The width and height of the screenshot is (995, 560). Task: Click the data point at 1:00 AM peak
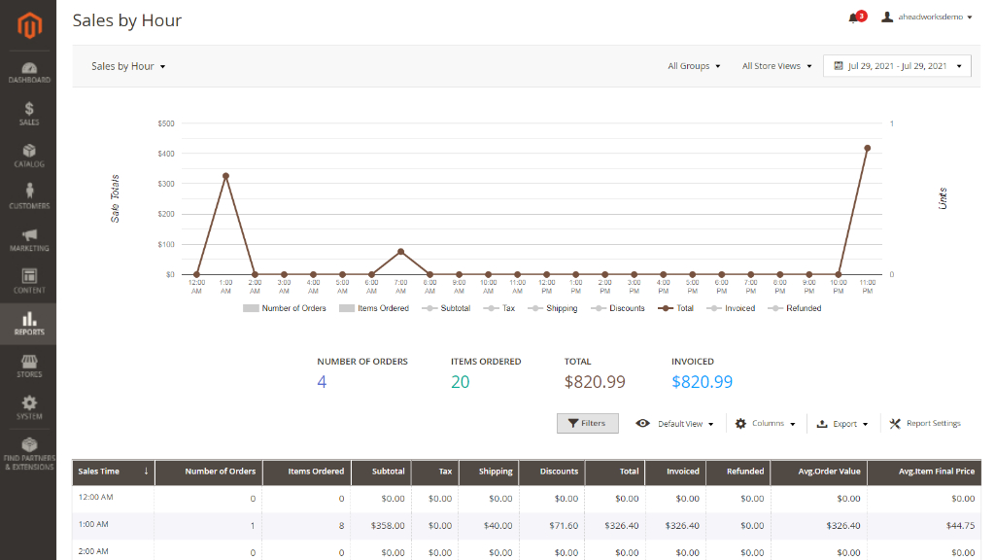click(x=225, y=176)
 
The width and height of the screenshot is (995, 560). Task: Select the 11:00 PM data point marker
click(x=868, y=148)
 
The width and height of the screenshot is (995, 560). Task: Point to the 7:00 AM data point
click(x=400, y=252)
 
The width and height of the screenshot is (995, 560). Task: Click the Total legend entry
click(x=676, y=308)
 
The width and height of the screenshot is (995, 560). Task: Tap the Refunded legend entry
click(x=795, y=308)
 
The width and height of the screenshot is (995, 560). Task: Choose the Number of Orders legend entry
click(x=285, y=308)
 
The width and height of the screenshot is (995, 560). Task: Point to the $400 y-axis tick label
click(x=166, y=154)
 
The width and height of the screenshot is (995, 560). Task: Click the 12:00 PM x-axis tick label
click(x=546, y=287)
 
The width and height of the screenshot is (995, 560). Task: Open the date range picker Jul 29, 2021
click(x=897, y=66)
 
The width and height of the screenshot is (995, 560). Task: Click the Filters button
click(x=588, y=424)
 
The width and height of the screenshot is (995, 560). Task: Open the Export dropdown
click(x=842, y=424)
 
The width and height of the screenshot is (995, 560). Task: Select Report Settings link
click(x=925, y=424)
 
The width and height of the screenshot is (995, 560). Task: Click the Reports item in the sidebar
click(x=28, y=324)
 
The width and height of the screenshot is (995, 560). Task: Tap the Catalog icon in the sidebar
click(x=29, y=151)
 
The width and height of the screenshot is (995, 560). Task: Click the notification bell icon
click(x=853, y=17)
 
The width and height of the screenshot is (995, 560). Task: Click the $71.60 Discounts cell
click(x=566, y=526)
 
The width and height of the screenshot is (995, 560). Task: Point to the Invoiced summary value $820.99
click(x=702, y=381)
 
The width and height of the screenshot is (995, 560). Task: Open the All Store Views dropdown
click(x=776, y=66)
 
